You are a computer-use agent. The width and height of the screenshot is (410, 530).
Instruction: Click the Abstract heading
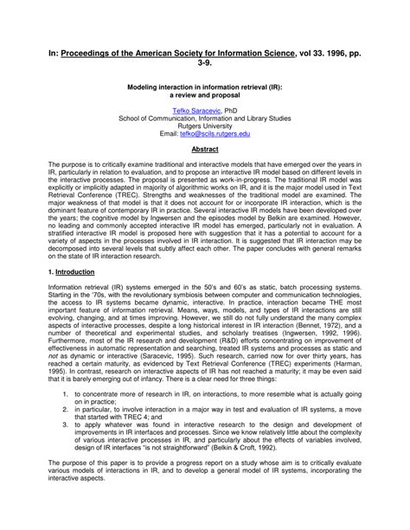204,149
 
